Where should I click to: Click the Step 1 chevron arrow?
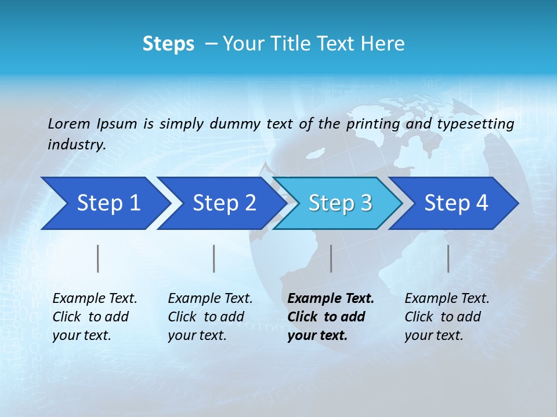point(104,203)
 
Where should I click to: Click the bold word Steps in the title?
point(168,43)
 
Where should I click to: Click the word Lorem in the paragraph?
point(69,123)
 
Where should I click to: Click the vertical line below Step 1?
point(98,258)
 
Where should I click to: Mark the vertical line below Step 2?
point(214,258)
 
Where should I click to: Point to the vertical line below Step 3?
point(331,258)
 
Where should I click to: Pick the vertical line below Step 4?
point(449,258)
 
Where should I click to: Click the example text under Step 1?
point(95,317)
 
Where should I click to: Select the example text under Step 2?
point(210,317)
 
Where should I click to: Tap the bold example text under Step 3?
point(331,317)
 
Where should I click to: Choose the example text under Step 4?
point(447,317)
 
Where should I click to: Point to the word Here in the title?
point(382,43)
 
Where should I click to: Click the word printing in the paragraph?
point(373,123)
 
